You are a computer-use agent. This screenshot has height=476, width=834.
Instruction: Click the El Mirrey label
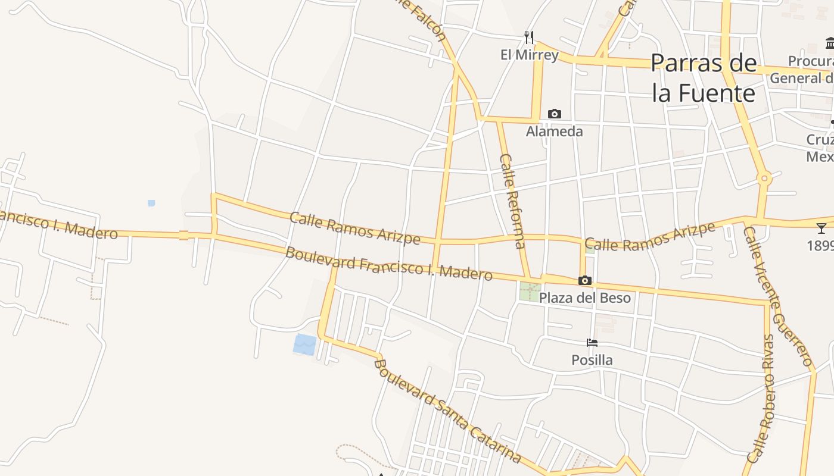click(x=529, y=55)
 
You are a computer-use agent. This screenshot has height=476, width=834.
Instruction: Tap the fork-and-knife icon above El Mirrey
click(x=529, y=37)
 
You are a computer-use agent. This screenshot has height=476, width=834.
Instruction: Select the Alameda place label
click(x=554, y=131)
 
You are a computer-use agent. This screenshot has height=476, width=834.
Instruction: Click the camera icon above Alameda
click(x=555, y=114)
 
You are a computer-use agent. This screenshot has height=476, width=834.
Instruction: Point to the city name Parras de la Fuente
click(x=704, y=78)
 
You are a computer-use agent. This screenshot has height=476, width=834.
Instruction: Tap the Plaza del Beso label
click(x=584, y=297)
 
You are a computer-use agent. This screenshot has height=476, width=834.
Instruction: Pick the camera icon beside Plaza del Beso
click(x=585, y=280)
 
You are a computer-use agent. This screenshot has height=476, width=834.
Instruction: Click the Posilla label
click(x=592, y=360)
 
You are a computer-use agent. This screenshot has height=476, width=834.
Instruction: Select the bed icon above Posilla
click(x=592, y=343)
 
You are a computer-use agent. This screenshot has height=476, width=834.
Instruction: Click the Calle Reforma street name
click(x=512, y=201)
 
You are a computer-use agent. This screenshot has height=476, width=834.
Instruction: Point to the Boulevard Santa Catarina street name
click(x=448, y=411)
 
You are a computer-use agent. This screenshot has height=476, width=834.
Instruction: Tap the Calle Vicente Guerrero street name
click(x=777, y=296)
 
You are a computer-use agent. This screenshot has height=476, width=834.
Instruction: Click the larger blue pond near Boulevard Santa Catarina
click(x=305, y=345)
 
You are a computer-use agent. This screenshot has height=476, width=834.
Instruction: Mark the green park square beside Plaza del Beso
click(x=530, y=291)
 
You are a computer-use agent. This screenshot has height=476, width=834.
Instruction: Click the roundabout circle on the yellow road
click(x=764, y=178)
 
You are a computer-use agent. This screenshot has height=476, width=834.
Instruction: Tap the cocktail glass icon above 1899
click(x=821, y=228)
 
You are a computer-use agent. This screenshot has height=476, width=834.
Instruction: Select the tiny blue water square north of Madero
click(x=151, y=203)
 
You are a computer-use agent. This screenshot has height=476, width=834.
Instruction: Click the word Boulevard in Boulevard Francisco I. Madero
click(x=316, y=257)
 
